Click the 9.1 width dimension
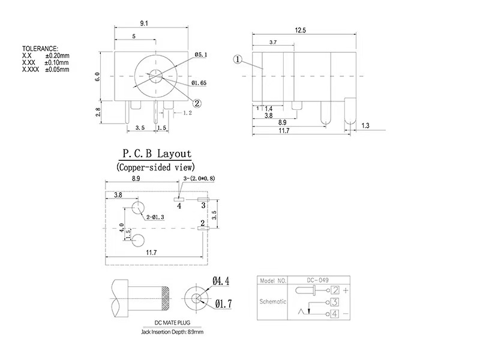pos(144,23)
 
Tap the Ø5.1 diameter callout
pos(201,55)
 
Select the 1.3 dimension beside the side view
pos(367,126)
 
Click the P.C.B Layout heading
pos(157,154)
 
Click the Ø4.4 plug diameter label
pos(221,281)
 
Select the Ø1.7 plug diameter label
pos(222,305)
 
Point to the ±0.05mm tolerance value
pos(57,70)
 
